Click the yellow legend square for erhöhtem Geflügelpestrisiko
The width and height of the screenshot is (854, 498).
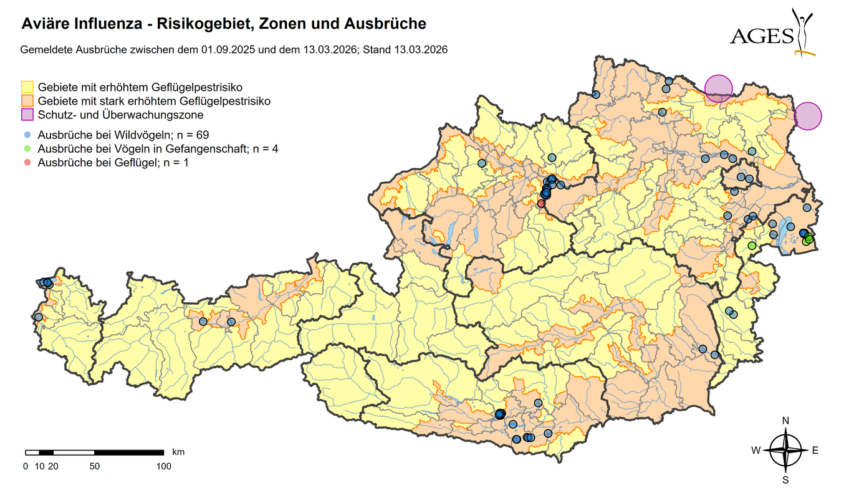coord(27,87)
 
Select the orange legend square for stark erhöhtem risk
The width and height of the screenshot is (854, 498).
coord(27,100)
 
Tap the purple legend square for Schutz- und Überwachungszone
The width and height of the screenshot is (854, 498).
coord(27,115)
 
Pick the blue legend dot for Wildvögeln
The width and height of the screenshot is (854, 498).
coord(27,134)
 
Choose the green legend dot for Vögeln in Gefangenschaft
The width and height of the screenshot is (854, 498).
coord(27,148)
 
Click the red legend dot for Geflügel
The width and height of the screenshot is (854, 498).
coord(27,163)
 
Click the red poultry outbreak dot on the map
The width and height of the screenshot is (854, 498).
coord(541,203)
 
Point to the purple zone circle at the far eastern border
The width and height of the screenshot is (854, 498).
coord(808,116)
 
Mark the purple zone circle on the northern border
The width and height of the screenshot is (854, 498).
coord(719,88)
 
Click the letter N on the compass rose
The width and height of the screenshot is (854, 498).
coord(785,421)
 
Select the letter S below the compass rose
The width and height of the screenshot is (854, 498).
coord(785,480)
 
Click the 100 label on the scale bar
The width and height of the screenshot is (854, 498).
coord(163,466)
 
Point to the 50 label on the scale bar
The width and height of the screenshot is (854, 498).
coord(94,466)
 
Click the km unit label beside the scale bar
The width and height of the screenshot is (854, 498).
coord(178,451)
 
